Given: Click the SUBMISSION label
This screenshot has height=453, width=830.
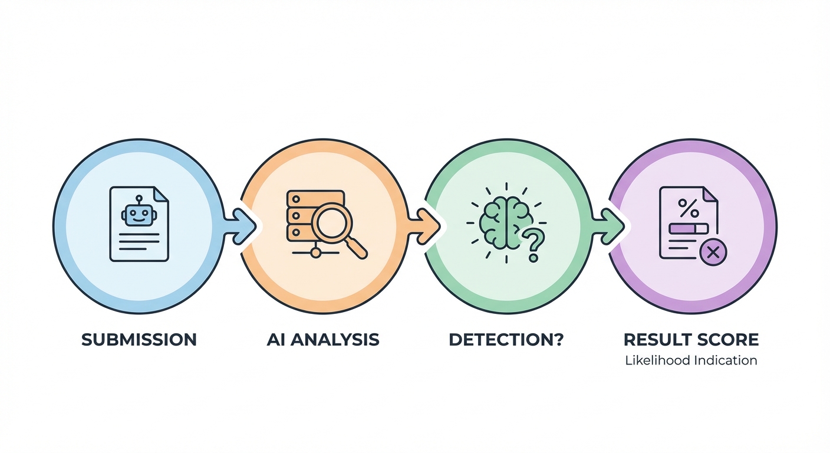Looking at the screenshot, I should (x=139, y=340).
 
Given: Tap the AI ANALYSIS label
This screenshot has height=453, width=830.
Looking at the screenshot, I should (x=322, y=340).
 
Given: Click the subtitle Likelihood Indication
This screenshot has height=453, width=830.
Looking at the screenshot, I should (x=691, y=360).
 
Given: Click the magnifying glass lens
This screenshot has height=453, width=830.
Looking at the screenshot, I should (x=331, y=221).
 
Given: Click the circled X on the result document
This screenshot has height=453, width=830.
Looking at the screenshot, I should (x=713, y=253).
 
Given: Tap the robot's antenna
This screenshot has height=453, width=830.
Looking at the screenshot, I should (x=139, y=199).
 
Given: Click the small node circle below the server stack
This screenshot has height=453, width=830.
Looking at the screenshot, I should (x=316, y=253).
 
